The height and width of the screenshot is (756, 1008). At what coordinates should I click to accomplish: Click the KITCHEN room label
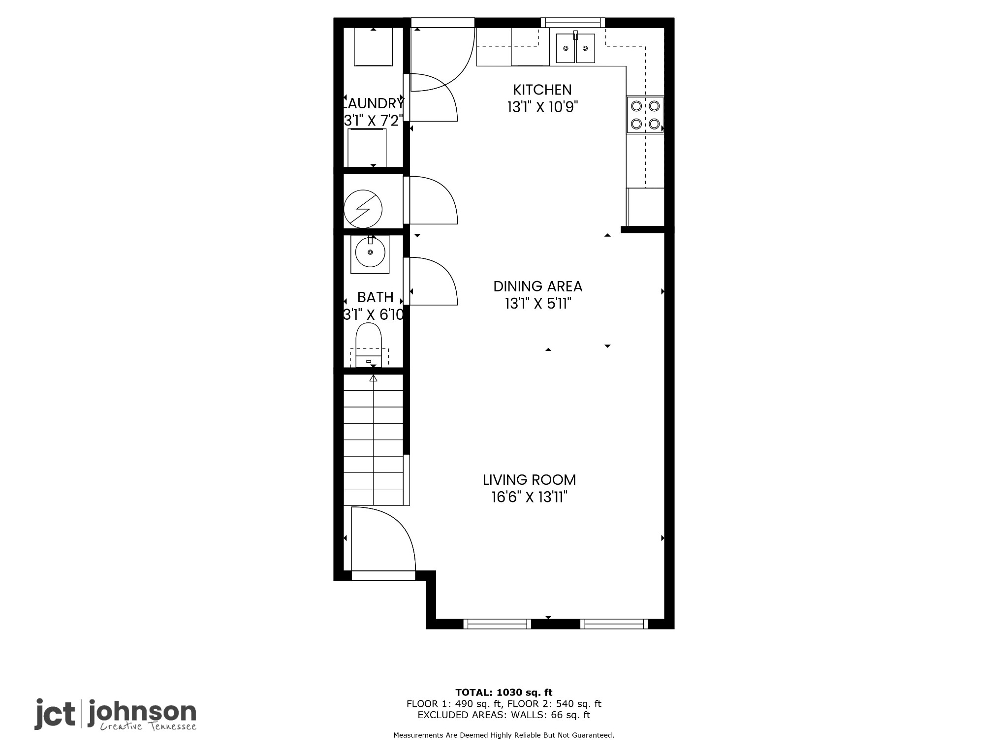coord(542,90)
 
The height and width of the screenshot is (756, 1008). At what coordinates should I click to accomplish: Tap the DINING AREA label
coord(538,286)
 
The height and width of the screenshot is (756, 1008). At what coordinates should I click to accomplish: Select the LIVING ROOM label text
coord(529,480)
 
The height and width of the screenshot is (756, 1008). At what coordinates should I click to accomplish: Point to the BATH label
coord(375,297)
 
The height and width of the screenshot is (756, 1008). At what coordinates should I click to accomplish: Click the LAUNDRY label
coord(374,103)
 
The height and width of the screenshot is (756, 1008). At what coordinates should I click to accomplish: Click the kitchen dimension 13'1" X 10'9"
coord(542,107)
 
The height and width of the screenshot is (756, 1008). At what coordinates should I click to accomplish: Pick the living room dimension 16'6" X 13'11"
coord(530,497)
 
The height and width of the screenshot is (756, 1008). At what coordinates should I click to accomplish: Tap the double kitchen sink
coord(575,48)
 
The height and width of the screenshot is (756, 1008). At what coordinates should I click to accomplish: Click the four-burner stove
coord(645,115)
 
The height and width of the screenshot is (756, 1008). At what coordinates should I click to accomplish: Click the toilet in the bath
coord(369,345)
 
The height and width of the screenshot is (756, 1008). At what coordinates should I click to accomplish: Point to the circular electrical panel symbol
coord(363,209)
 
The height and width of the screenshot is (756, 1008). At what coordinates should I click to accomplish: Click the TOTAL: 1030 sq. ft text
coord(504,693)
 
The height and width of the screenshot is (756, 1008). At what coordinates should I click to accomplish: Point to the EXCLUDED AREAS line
coord(504,715)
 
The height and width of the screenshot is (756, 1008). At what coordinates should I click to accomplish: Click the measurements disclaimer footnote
coord(504,735)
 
